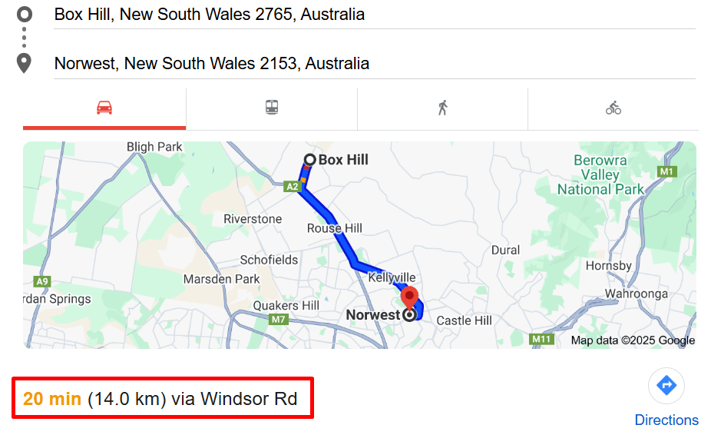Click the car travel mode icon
click(x=104, y=108)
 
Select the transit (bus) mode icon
click(x=272, y=108)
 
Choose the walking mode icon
click(x=442, y=108)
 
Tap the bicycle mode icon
click(x=613, y=108)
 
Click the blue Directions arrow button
click(x=666, y=385)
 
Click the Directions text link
click(x=666, y=420)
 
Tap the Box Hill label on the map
click(x=342, y=160)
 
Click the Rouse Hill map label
click(x=335, y=228)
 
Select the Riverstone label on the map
click(x=253, y=219)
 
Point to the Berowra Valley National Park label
click(x=600, y=175)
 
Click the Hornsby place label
click(x=608, y=266)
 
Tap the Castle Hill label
click(x=464, y=320)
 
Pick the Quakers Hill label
click(x=286, y=306)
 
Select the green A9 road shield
click(x=42, y=281)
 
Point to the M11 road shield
click(x=542, y=339)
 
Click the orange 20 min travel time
click(x=52, y=399)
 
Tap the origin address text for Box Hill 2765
click(x=209, y=15)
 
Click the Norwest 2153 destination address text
click(x=211, y=63)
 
